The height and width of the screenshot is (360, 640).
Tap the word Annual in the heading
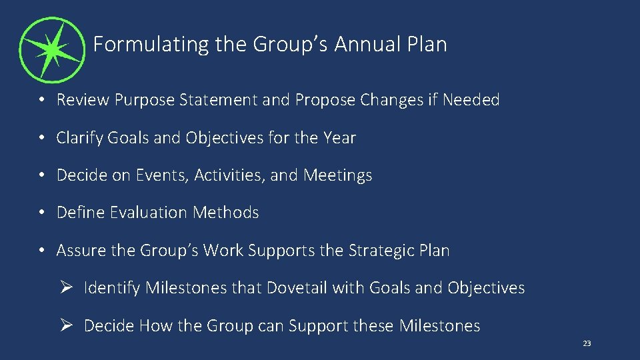[366, 45]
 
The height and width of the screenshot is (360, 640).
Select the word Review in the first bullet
[83, 100]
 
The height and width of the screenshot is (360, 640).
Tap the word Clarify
[80, 138]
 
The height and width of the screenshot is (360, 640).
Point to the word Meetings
[338, 175]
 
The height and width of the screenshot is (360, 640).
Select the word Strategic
[377, 251]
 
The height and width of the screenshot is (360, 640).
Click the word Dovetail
[297, 288]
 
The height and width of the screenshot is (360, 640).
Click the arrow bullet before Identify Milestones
[65, 288]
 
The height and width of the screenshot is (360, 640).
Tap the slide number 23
[587, 343]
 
